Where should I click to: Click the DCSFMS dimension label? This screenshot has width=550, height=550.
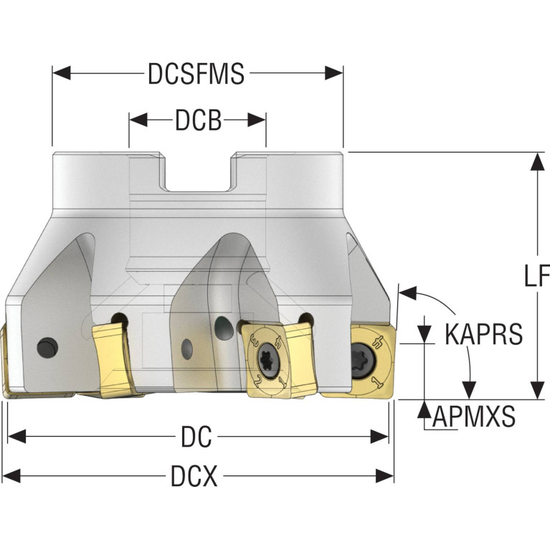[x=196, y=74]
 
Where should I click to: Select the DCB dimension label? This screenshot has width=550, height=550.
[x=198, y=120]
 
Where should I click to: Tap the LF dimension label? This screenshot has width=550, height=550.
[x=536, y=275]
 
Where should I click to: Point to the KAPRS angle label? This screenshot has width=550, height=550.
[x=484, y=334]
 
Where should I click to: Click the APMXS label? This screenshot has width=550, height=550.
[x=474, y=416]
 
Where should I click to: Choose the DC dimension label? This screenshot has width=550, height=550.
[x=196, y=437]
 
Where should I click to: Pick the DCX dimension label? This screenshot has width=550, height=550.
[x=194, y=476]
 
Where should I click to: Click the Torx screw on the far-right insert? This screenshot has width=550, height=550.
[x=364, y=361]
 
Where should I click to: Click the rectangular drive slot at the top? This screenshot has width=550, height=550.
[x=198, y=173]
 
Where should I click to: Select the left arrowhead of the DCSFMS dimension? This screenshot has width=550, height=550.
[x=62, y=73]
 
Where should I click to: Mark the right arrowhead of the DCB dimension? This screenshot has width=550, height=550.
[x=257, y=120]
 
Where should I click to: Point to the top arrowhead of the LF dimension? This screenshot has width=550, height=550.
[x=536, y=162]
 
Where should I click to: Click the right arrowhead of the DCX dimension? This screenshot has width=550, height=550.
[x=384, y=476]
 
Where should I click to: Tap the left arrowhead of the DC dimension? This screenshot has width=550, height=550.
[x=16, y=437]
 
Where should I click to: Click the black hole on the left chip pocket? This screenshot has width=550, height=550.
[x=47, y=348]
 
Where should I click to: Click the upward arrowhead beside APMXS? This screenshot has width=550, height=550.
[x=425, y=409]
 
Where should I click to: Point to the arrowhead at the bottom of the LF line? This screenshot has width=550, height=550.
[x=536, y=390]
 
